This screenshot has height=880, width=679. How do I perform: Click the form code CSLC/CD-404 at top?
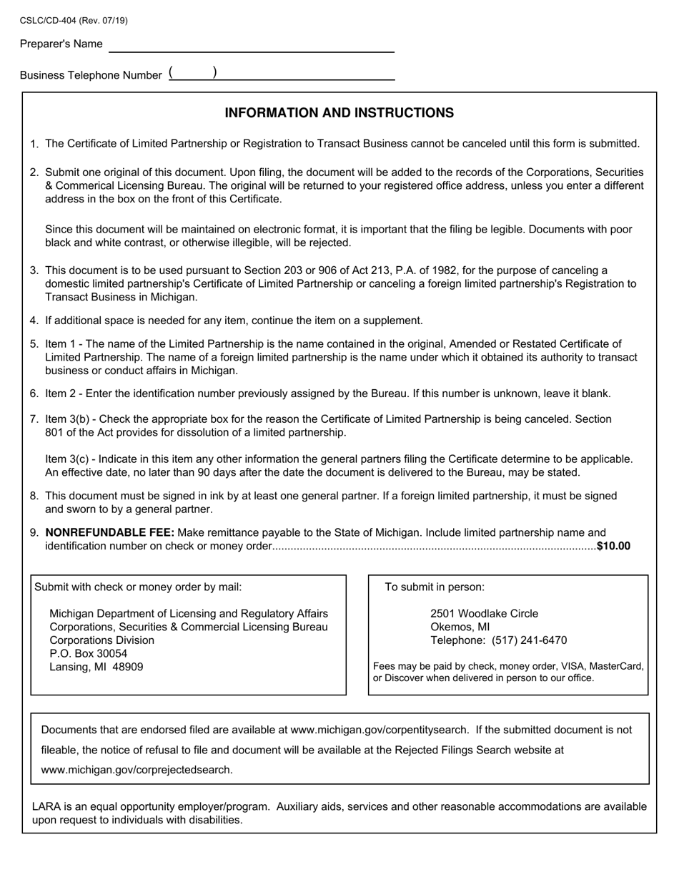50,21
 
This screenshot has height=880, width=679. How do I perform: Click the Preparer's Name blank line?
251,46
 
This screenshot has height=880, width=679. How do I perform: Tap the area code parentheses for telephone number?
193,73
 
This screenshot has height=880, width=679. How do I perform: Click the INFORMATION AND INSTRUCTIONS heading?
339,113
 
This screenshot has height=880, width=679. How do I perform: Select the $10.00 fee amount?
614,547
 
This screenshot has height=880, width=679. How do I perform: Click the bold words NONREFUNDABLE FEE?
109,533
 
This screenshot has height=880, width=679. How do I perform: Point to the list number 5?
34,344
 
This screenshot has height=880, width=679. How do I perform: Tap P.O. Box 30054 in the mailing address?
88,654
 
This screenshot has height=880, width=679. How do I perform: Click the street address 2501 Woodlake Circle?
484,614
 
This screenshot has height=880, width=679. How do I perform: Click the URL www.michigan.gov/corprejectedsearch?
137,771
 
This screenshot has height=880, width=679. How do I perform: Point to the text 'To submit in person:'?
435,587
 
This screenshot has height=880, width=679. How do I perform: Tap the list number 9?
34,533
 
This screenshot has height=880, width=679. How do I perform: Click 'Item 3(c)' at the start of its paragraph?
69,459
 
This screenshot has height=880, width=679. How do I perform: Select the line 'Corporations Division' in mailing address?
101,640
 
